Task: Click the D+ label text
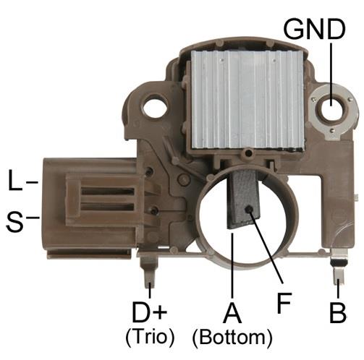click(x=150, y=313)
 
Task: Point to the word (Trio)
click(x=150, y=336)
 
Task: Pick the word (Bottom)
click(x=232, y=337)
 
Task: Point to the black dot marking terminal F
click(x=248, y=209)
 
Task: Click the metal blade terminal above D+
click(x=149, y=273)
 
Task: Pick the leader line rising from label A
click(x=231, y=267)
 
